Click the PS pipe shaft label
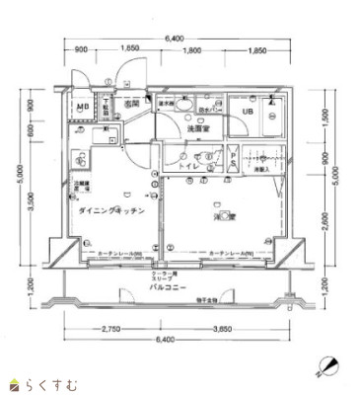pos(233,160)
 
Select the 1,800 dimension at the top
pos(193,50)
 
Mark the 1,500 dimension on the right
pos(324,118)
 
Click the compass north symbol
pos(326,365)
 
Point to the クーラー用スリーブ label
pos(163,278)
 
